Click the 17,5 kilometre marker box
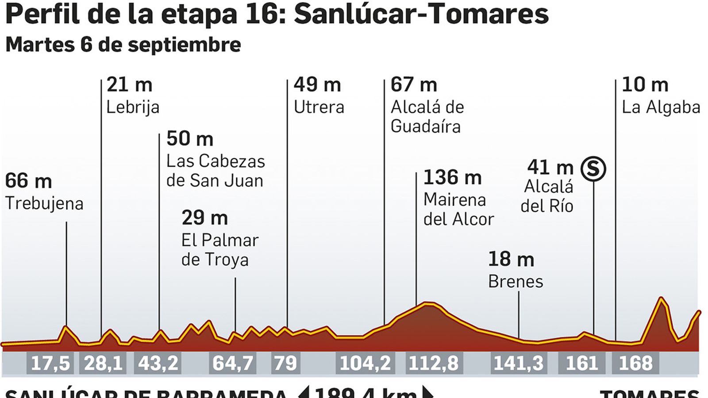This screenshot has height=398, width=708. [x=50, y=363]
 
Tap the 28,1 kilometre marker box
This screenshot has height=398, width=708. [x=103, y=363]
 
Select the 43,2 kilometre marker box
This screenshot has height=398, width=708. [x=158, y=363]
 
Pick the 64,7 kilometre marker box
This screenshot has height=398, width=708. [x=233, y=363]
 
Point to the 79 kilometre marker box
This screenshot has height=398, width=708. [x=285, y=363]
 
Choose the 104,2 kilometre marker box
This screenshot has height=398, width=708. [x=365, y=363]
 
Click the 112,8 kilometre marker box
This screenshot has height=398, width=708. [x=434, y=363]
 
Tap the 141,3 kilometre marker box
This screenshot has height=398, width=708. [x=518, y=363]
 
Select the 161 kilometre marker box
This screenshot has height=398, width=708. [x=582, y=363]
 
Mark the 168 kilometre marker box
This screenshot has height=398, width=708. [x=635, y=363]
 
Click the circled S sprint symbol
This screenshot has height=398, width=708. [x=593, y=169]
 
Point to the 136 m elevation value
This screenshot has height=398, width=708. [x=452, y=178]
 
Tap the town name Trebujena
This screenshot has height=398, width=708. [x=44, y=203]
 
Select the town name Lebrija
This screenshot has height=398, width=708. [x=133, y=107]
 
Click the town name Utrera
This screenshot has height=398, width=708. [x=319, y=107]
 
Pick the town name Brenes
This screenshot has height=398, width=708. [x=516, y=281]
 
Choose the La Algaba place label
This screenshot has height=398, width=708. [x=661, y=107]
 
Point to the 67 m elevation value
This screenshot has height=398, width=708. [x=414, y=84]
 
